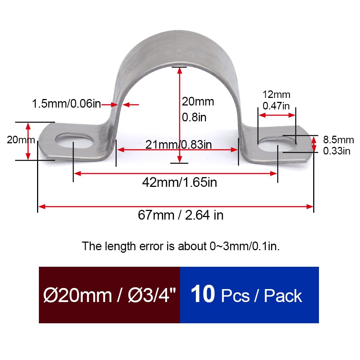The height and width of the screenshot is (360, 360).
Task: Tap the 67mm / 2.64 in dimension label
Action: point(180,215)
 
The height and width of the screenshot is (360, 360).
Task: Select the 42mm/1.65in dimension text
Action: point(179,182)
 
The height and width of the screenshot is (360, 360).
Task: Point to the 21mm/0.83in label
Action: point(179,145)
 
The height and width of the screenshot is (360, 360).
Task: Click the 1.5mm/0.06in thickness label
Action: point(66,104)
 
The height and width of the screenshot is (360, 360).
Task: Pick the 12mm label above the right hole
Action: point(276,95)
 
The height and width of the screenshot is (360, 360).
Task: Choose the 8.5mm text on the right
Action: point(338,140)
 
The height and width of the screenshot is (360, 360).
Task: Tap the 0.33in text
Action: point(337,151)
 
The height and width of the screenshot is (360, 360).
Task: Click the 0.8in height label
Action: point(194,117)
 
